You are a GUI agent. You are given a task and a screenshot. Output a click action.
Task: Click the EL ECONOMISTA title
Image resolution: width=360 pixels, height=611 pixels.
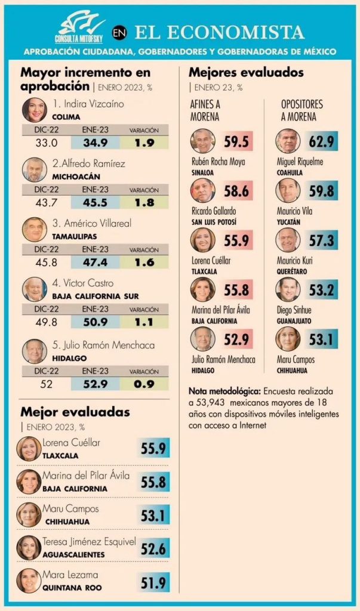pyautogui.click(x=219, y=32)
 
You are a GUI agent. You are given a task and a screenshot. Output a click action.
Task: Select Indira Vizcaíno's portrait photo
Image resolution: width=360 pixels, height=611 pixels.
pyautogui.click(x=34, y=110)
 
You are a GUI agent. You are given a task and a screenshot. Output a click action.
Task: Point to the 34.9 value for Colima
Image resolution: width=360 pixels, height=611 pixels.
pyautogui.click(x=95, y=143)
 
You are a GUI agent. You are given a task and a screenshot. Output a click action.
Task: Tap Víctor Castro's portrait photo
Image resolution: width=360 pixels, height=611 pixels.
pyautogui.click(x=34, y=289)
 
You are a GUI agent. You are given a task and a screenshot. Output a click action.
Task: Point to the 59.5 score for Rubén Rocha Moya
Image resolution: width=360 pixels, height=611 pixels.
pyautogui.click(x=236, y=141)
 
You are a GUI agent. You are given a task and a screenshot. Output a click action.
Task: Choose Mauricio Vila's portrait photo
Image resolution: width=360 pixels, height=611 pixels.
pyautogui.click(x=288, y=190)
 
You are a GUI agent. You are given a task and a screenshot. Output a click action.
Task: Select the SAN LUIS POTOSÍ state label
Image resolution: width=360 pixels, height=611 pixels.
pyautogui.click(x=213, y=221)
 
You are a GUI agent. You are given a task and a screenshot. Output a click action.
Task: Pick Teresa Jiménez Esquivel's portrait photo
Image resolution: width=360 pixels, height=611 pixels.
pyautogui.click(x=29, y=547)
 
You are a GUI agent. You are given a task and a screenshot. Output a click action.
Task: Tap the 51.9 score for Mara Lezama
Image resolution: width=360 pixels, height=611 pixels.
pyautogui.click(x=154, y=582)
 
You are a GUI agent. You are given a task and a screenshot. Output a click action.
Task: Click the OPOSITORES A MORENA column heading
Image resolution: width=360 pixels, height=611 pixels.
pyautogui.click(x=301, y=110)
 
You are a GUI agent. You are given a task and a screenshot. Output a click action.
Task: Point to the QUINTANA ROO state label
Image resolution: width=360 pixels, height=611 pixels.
pyautogui.click(x=72, y=588)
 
